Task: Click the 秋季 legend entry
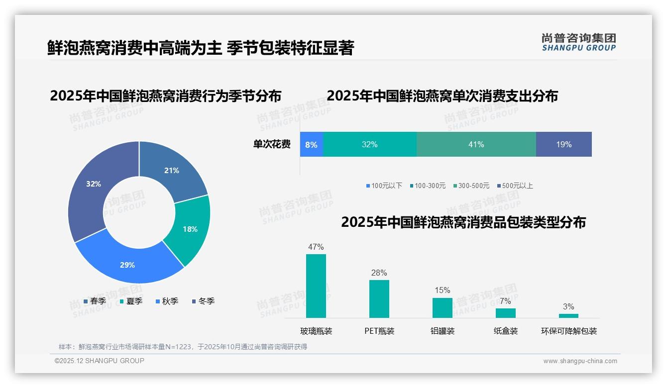click(x=167, y=301)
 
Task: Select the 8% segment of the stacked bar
click(x=312, y=145)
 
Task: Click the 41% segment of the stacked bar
click(x=476, y=145)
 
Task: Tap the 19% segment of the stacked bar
click(x=563, y=145)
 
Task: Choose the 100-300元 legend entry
click(x=428, y=186)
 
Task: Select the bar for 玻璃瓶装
click(x=316, y=286)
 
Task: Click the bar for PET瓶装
click(x=379, y=298)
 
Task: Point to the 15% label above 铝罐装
click(x=442, y=291)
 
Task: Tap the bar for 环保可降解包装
click(x=568, y=315)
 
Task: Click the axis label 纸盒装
click(x=506, y=331)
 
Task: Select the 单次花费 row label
click(x=272, y=145)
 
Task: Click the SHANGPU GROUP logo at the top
click(x=578, y=42)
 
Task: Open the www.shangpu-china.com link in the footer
click(x=580, y=361)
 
